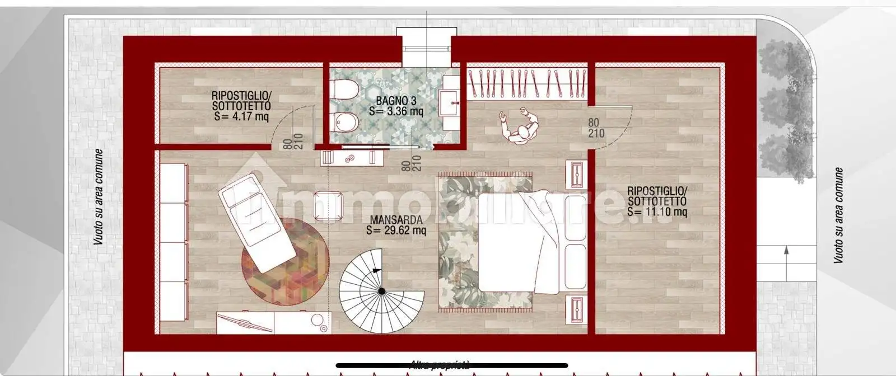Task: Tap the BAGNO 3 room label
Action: coord(396,101)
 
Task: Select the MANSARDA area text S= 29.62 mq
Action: coord(396,230)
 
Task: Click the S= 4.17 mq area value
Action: coord(241,116)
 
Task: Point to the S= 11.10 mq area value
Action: coord(657,211)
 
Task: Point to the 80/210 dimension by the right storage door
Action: coord(596,128)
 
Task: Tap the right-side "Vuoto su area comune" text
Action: coord(838,215)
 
